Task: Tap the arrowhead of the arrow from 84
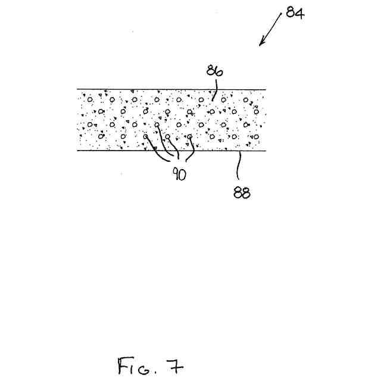point(261,43)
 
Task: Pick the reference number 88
point(242,192)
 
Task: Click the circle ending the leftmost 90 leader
point(146,136)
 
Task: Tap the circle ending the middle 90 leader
point(168,136)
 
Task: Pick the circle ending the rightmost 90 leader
point(190,136)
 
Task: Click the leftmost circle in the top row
point(90,99)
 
